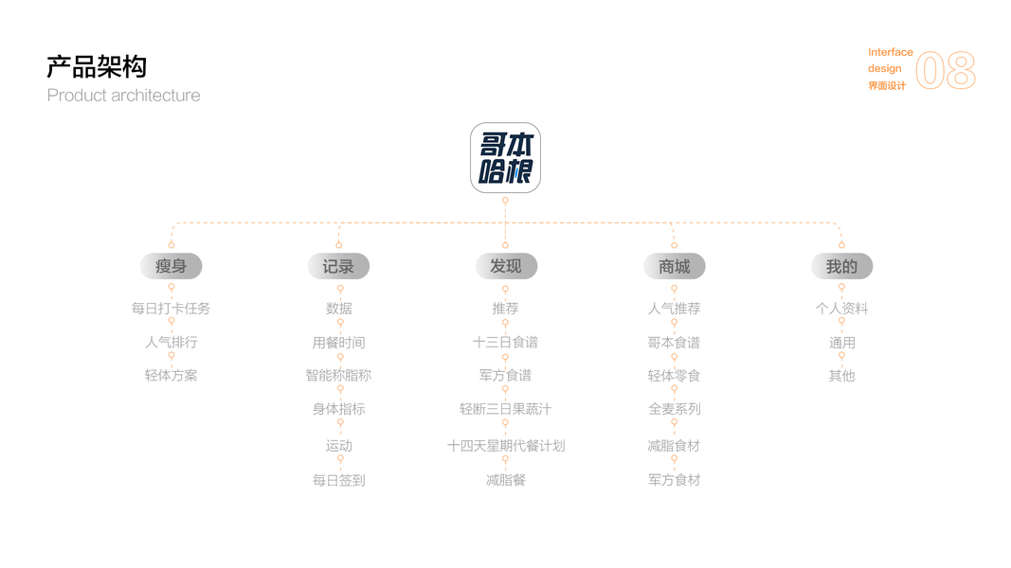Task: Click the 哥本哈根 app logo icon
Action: pyautogui.click(x=505, y=157)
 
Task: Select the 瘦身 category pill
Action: pyautogui.click(x=172, y=266)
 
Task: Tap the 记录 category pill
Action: pyautogui.click(x=338, y=266)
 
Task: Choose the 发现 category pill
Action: pyautogui.click(x=506, y=266)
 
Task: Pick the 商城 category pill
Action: pyautogui.click(x=675, y=266)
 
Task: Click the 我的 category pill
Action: pyautogui.click(x=841, y=266)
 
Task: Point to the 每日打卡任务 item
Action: pyautogui.click(x=172, y=309)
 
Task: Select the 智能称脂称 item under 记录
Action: pyautogui.click(x=338, y=376)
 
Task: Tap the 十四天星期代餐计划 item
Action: pyautogui.click(x=506, y=446)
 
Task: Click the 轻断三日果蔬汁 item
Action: pyautogui.click(x=506, y=409)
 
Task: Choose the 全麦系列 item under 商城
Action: pyautogui.click(x=675, y=409)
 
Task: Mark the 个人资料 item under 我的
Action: pyautogui.click(x=841, y=309)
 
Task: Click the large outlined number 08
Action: pyautogui.click(x=946, y=71)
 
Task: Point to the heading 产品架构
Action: pyautogui.click(x=97, y=67)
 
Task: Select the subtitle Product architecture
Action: pyautogui.click(x=124, y=96)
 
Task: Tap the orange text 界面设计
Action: pyautogui.click(x=887, y=86)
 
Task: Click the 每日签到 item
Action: pyautogui.click(x=338, y=480)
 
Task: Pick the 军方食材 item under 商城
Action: pyautogui.click(x=675, y=480)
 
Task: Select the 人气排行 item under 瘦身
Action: pyautogui.click(x=172, y=342)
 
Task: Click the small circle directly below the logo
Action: pyautogui.click(x=505, y=200)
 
